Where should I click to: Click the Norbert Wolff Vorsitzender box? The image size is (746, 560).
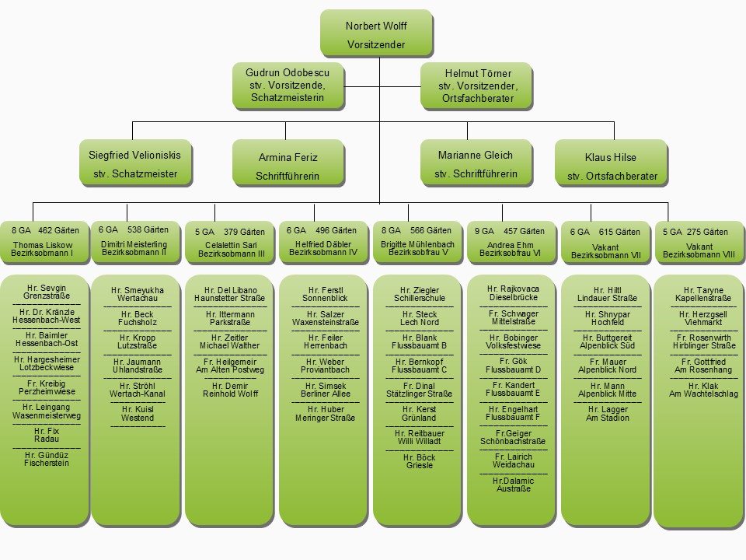point(375,35)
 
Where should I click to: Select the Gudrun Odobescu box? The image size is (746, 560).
point(288,86)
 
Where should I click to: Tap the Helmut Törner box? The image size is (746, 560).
point(478,86)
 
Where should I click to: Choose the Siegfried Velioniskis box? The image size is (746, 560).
point(135,164)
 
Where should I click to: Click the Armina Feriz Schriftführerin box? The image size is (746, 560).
point(288,166)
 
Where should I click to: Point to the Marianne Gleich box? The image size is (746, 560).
point(476,164)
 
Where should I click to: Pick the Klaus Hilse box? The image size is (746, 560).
point(612,166)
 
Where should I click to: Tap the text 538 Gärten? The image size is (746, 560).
point(148,229)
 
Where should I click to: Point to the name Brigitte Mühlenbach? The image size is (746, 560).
point(418,244)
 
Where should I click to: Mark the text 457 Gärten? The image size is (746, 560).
point(523,231)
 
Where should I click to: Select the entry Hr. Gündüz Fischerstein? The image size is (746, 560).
point(47,459)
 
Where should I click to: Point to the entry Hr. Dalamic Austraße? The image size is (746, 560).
point(513,485)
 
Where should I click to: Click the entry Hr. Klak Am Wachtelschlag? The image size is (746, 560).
point(699,390)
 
